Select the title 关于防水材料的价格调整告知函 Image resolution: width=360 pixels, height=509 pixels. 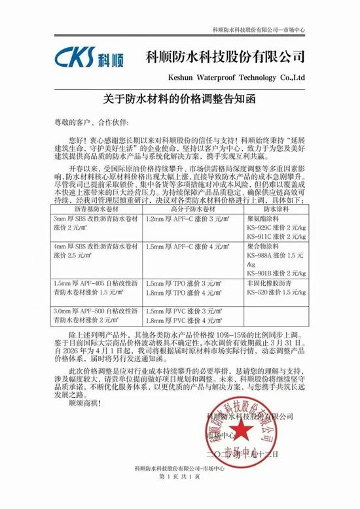[179, 100]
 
